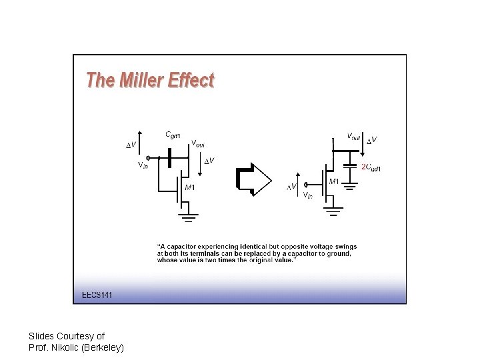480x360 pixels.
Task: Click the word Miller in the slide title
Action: (x=142, y=81)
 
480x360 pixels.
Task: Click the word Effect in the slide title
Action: (x=191, y=81)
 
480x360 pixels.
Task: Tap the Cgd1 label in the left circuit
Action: (x=173, y=135)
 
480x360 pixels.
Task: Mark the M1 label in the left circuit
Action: (x=190, y=187)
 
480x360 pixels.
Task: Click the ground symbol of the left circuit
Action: (x=189, y=216)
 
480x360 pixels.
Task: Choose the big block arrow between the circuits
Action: (x=253, y=180)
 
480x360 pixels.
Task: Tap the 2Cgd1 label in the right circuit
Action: (x=371, y=167)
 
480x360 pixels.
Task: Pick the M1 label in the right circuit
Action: (x=334, y=181)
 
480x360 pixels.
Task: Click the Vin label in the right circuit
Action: (x=307, y=195)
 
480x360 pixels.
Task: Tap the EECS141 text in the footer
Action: (x=97, y=294)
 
